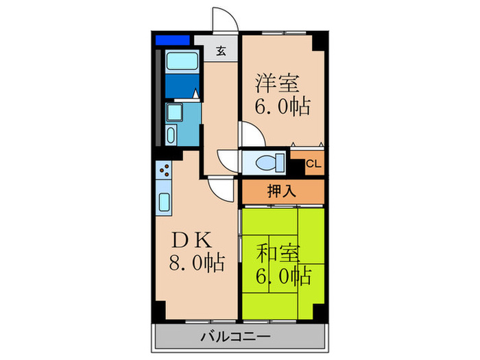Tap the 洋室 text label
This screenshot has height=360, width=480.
pyautogui.click(x=277, y=84)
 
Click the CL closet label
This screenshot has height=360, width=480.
pyautogui.click(x=313, y=164)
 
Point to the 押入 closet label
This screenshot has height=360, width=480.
pyautogui.click(x=281, y=191)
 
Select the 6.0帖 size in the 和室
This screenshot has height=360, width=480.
pyautogui.click(x=283, y=276)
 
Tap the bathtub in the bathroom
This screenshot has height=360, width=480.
pyautogui.click(x=182, y=61)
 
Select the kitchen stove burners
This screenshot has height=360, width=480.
pyautogui.click(x=164, y=169)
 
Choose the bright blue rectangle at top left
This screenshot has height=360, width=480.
pyautogui.click(x=171, y=40)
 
